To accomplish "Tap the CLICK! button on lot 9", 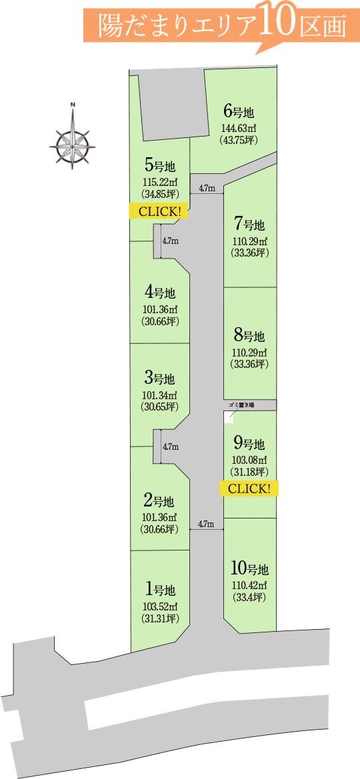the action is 249,488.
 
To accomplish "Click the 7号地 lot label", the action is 249,225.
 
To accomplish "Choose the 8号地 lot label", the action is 249,336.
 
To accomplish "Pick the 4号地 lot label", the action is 159,292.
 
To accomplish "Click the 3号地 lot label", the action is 159,379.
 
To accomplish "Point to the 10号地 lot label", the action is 249,568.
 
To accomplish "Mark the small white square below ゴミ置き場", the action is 228,417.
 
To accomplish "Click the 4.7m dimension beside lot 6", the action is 207,189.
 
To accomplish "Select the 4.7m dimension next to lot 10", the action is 206,524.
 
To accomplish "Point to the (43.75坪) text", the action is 239,140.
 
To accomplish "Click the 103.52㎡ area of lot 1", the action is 159,606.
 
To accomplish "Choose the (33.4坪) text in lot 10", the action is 249,597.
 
